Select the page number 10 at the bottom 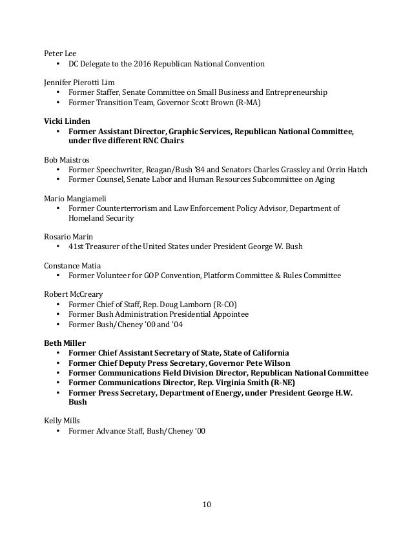pyautogui.click(x=205, y=504)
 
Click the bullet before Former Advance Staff pyautogui.click(x=58, y=430)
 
